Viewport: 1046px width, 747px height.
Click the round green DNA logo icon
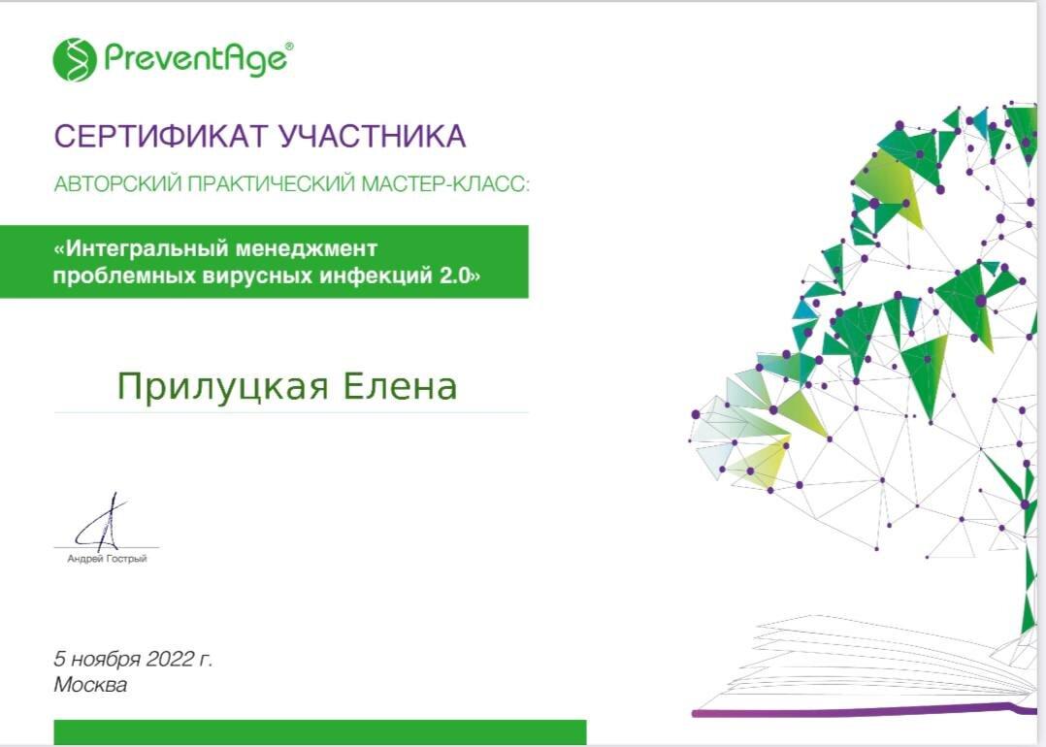coord(75,60)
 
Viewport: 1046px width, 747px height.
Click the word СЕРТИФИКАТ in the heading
coord(161,136)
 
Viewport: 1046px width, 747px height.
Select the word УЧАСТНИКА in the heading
coord(373,136)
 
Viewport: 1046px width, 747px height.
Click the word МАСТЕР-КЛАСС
coord(444,183)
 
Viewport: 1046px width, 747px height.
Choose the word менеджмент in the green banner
coord(298,248)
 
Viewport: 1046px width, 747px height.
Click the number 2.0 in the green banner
coord(459,276)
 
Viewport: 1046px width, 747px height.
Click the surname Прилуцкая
coord(222,386)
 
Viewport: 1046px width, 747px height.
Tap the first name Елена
coord(400,386)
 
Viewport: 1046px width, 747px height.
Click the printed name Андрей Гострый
coord(107,558)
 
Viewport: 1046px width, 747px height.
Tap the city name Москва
coord(90,685)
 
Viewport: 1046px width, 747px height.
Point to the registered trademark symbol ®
coord(289,46)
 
